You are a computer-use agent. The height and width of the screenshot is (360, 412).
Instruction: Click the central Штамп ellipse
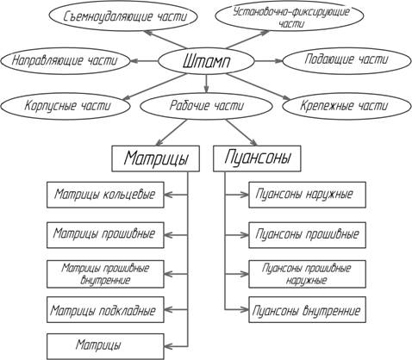[206, 61]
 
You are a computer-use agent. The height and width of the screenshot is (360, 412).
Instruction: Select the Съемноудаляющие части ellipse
[123, 16]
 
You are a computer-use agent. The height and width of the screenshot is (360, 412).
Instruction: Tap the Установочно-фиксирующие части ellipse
[290, 16]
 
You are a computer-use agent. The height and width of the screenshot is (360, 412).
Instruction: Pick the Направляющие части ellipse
[66, 61]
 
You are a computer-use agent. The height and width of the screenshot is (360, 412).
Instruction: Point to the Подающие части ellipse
[346, 60]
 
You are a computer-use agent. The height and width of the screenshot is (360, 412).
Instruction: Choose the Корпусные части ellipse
[66, 106]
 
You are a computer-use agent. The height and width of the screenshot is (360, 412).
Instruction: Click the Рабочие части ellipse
[206, 106]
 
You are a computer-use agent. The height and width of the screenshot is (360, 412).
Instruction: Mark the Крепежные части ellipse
[346, 106]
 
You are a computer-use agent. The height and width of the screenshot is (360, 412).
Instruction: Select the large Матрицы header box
[155, 158]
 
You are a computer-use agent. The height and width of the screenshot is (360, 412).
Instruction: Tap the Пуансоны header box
[257, 158]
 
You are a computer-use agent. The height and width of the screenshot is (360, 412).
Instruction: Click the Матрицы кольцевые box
[105, 195]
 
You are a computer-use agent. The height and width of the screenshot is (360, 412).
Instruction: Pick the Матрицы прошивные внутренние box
[105, 274]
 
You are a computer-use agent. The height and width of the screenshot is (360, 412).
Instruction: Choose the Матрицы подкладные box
[105, 310]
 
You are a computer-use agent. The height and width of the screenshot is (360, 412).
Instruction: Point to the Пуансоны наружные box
[307, 195]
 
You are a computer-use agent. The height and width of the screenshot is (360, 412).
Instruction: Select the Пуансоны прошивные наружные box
[307, 274]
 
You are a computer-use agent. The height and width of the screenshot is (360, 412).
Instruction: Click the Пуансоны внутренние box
[307, 310]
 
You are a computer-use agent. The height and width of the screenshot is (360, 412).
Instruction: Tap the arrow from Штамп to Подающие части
[269, 61]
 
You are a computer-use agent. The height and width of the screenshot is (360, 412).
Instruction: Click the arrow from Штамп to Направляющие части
[145, 61]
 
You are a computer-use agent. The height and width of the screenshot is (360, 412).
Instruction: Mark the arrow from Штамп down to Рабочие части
[206, 84]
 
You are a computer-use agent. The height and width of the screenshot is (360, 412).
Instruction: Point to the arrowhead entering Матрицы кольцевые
[169, 195]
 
